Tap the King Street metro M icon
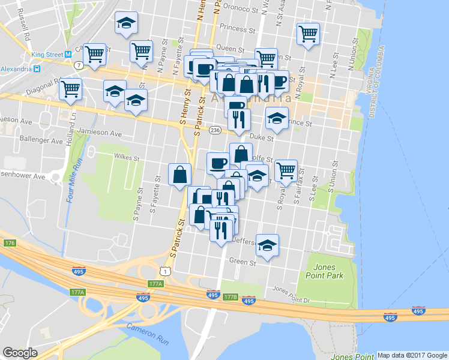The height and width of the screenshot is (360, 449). pyautogui.click(x=69, y=54)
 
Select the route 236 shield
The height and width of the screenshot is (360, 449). pyautogui.click(x=214, y=130)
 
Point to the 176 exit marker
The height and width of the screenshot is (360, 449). pyautogui.click(x=9, y=243)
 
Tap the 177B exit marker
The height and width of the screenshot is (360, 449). pyautogui.click(x=231, y=297)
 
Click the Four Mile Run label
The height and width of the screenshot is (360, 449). pyautogui.click(x=74, y=180)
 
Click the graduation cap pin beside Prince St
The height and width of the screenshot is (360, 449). pyautogui.click(x=277, y=118)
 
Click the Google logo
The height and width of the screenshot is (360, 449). pyautogui.click(x=20, y=353)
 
